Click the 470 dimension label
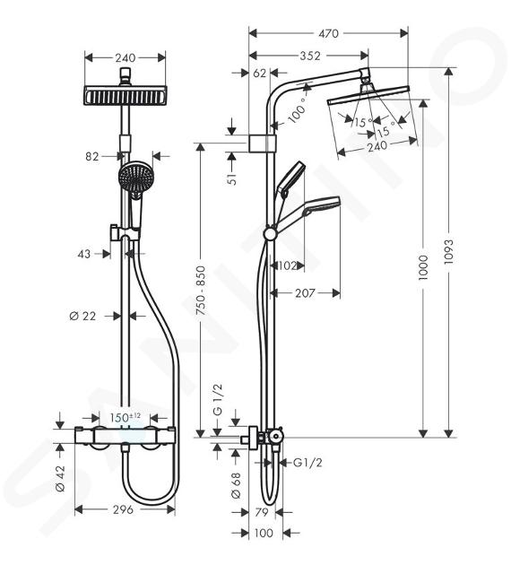(328, 33)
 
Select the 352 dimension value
(310, 56)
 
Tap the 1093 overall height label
(449, 252)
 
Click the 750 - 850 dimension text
(201, 291)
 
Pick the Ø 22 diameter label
(82, 316)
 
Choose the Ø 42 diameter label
(60, 478)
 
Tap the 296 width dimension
(123, 509)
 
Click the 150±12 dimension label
(126, 418)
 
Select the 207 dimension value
(306, 293)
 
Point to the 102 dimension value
(288, 266)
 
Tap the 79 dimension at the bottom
(262, 512)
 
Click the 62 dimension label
(260, 74)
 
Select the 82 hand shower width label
(92, 156)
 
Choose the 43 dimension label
(84, 254)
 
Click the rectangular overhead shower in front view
(126, 96)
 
